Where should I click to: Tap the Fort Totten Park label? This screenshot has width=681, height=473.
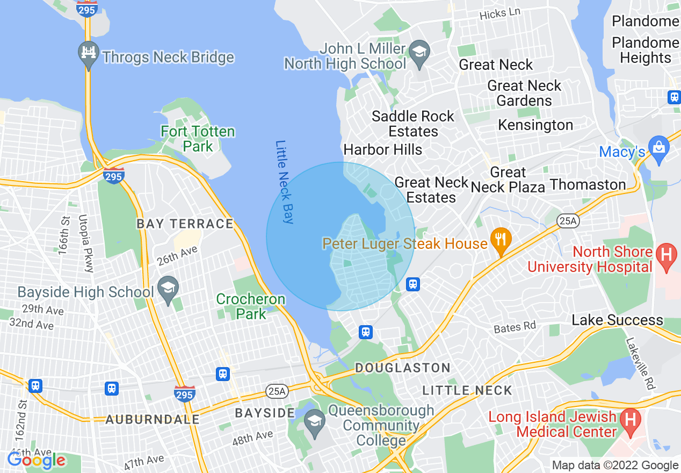coord(198,139)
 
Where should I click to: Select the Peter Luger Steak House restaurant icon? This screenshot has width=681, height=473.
coord(501,239)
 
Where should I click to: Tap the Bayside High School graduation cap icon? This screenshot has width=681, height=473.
coord(168,289)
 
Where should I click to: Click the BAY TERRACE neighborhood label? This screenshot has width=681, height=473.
coord(185,224)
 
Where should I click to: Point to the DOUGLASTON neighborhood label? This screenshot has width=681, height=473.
coord(403,368)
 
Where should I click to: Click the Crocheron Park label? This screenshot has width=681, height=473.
coord(251,306)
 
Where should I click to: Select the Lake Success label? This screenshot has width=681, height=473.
coord(617,320)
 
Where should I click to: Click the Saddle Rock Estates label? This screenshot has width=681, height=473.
coord(412,124)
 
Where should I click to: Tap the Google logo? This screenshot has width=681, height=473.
coord(37,460)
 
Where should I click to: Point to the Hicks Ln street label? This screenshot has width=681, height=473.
coord(500,15)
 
